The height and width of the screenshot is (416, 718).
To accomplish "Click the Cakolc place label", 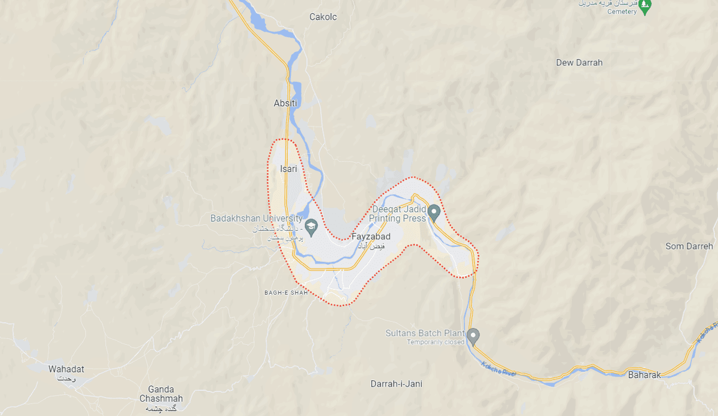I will coord(323,17).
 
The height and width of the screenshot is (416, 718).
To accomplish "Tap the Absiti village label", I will coord(285,103).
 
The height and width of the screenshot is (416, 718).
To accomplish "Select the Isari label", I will coord(288,169).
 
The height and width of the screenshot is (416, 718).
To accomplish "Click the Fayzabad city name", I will coord(371,237).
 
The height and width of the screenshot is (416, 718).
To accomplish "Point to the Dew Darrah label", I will coord(579,63).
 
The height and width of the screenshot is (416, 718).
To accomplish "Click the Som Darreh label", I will coord(689,246).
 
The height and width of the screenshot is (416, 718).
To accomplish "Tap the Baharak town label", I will coord(644,375).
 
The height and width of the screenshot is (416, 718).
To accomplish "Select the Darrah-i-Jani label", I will coord(396,384).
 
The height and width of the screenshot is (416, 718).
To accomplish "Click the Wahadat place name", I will coord(66,369).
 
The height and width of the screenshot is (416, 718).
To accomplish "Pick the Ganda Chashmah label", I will coord(161,394).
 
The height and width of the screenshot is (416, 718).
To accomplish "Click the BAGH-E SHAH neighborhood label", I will coord(286,293).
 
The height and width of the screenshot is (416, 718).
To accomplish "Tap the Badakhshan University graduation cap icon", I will coord(311,227).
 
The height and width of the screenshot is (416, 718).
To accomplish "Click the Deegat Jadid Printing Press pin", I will coord(435,212).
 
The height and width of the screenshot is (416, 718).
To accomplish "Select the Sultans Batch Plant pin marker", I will coord(473,336).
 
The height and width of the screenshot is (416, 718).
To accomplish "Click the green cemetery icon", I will coord(644,7).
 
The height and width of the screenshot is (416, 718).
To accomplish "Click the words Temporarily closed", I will coord(436,342).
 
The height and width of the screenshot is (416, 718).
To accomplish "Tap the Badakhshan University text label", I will coord(256,219).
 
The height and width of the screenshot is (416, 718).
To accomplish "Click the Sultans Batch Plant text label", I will coord(422,334).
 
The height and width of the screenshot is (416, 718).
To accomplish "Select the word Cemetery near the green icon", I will coord(622,12).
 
